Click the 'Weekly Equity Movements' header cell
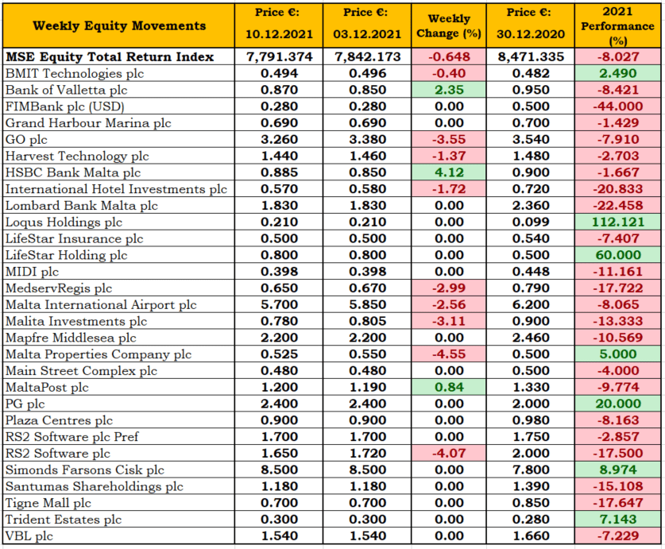pos(118,25)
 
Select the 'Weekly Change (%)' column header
pos(449,26)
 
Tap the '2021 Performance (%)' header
pos(617,26)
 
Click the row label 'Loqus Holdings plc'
pos(64,222)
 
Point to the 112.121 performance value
pos(618,222)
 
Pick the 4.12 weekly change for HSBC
pos(449,172)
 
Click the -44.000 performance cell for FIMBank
pos(618,106)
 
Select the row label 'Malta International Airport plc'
pos(101,304)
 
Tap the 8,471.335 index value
pos(531,56)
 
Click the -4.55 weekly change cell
pos(449,354)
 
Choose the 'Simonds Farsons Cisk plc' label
pos(85,470)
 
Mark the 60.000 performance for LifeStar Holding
pos(618,255)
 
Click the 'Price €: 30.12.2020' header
pos(530,23)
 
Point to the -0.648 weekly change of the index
pos(449,56)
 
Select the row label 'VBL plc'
pos(29,535)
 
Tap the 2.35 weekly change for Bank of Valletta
pos(449,90)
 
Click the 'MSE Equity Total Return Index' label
pos(110,56)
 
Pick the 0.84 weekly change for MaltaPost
pos(449,387)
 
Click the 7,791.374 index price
pos(279,56)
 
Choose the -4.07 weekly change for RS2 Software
pos(449,453)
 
